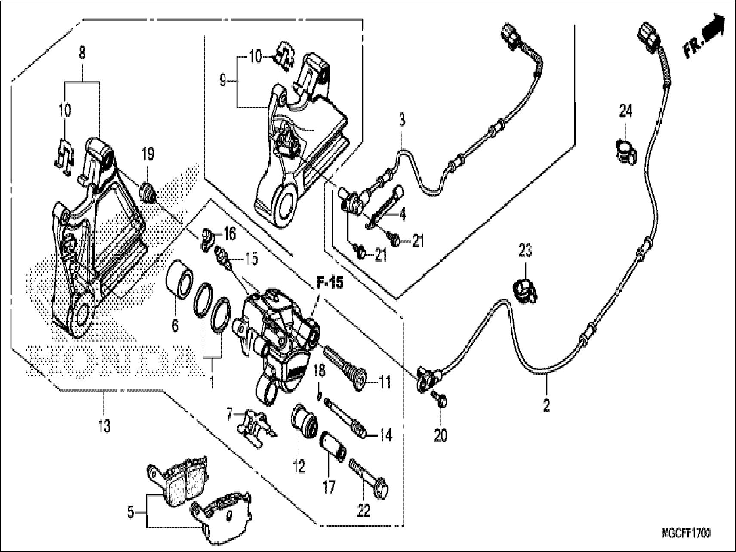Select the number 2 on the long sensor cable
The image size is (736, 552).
pos(546,405)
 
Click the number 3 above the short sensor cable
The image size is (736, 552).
pos(402,120)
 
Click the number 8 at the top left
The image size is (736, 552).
pos(82,53)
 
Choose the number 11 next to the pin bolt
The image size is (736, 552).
pos(385,381)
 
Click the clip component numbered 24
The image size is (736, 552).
pos(623,151)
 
